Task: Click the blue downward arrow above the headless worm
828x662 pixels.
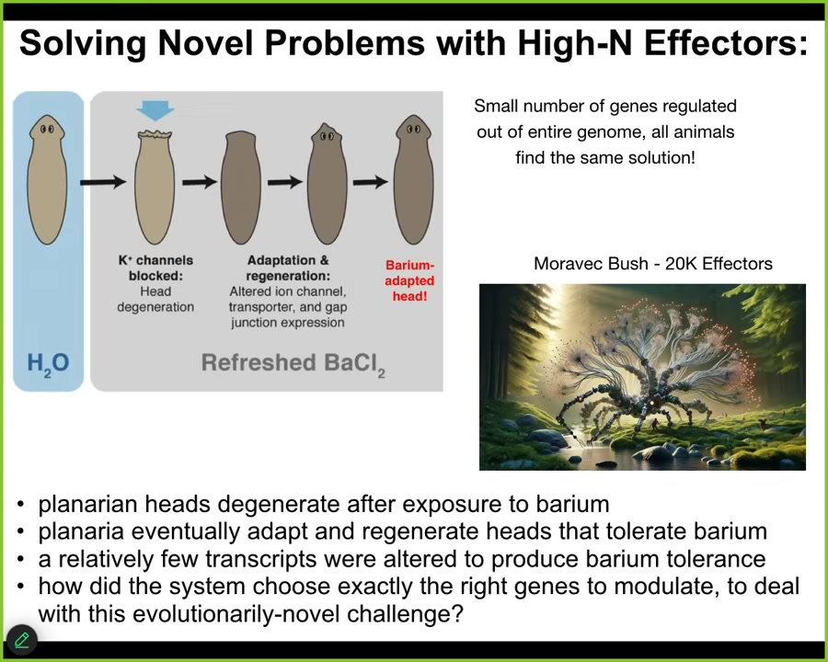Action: (x=155, y=110)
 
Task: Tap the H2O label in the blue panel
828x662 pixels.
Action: (x=48, y=364)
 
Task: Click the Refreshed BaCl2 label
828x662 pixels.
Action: (x=293, y=364)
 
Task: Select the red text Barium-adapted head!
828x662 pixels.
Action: (x=409, y=280)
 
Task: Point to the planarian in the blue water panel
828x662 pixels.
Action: (x=48, y=179)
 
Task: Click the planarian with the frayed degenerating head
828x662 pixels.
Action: (x=155, y=187)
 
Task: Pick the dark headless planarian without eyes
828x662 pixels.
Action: (x=241, y=187)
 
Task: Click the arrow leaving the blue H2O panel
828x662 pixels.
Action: (x=103, y=182)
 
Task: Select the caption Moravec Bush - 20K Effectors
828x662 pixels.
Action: (x=652, y=263)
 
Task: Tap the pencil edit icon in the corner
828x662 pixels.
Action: (x=22, y=640)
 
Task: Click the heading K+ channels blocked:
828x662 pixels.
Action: (x=155, y=268)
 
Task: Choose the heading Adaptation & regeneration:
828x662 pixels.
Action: (x=288, y=268)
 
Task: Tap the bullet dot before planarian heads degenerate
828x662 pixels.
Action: (x=20, y=505)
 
